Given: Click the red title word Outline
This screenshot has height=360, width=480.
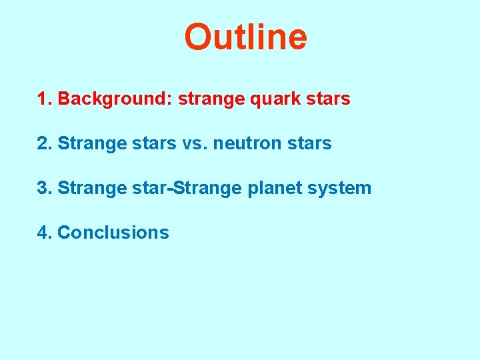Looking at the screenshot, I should [x=245, y=37].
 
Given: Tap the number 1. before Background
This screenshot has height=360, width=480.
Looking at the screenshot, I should [x=45, y=99].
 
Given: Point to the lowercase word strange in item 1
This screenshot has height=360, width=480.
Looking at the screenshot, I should [x=211, y=99].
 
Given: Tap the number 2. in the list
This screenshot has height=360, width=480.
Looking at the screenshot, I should [x=45, y=143].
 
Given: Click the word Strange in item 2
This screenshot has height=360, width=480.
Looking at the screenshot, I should [x=92, y=143].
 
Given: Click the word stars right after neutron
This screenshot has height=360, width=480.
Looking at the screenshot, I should [x=309, y=143].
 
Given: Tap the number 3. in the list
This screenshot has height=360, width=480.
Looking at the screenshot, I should [x=45, y=188].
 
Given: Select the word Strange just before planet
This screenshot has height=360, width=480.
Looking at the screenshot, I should [x=207, y=188].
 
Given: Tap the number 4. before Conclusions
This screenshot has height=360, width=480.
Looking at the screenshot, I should [x=45, y=233].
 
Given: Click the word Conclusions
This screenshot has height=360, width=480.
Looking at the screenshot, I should [x=113, y=233].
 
